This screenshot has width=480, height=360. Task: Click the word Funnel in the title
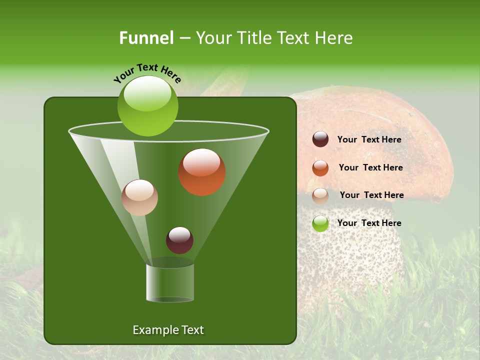click(x=146, y=38)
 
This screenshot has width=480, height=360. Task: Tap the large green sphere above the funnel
click(x=147, y=105)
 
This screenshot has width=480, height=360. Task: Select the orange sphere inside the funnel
click(x=202, y=172)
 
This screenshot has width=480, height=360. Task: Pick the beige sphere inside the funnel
click(x=139, y=197)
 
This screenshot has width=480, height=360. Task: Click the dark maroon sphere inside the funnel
click(x=179, y=240)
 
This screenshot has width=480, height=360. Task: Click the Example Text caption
click(x=168, y=330)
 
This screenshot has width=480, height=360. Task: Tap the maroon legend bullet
click(x=320, y=139)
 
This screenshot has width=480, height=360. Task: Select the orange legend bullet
click(x=320, y=168)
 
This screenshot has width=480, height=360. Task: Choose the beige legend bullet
click(x=320, y=195)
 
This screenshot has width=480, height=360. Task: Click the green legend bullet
click(x=320, y=223)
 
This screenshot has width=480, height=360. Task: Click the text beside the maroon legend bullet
click(x=369, y=140)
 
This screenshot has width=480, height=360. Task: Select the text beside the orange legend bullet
click(x=370, y=168)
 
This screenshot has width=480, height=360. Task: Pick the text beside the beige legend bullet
click(x=371, y=195)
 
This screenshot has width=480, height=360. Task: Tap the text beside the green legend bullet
click(x=369, y=223)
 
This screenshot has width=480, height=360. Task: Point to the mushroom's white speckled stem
click(x=350, y=250)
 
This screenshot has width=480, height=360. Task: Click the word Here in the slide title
click(x=333, y=38)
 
